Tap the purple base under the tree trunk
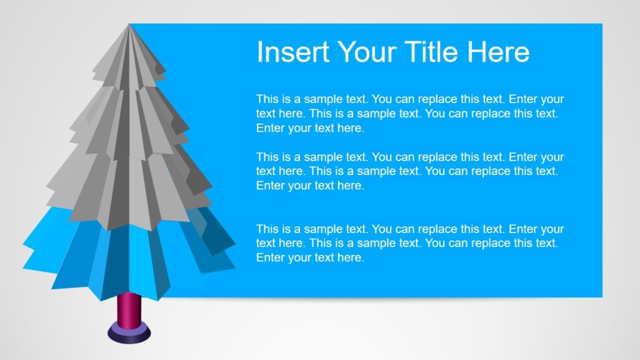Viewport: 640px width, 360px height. (129, 332)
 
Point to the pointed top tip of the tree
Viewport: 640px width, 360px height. (129, 26)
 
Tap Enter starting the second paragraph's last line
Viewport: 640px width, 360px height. (270, 186)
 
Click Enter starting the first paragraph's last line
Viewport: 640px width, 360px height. (270, 128)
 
